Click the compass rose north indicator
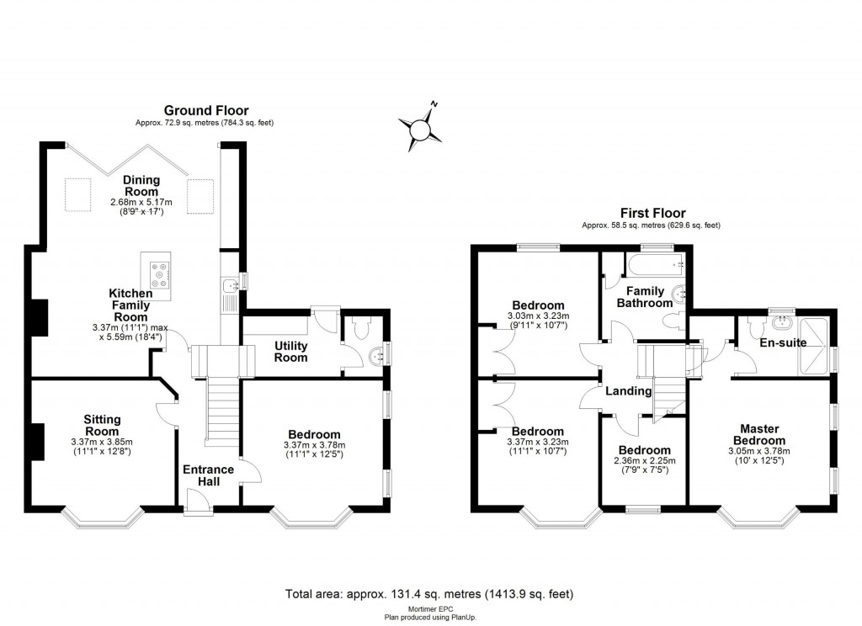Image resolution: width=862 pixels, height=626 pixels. tap(420, 129)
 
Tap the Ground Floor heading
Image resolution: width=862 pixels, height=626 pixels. tap(205, 110)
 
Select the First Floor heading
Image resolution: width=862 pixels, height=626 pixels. tap(652, 213)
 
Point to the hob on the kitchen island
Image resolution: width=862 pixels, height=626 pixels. tap(160, 274)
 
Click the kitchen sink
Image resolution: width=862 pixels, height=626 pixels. tap(230, 294)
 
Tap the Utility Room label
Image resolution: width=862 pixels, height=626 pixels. tap(290, 352)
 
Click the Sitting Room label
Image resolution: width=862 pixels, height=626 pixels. tap(102, 425)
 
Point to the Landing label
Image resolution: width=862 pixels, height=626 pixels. tap(629, 391)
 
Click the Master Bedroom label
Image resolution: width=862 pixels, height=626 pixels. tap(758, 434)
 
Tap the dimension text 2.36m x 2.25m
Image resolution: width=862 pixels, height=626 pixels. tap(645, 461)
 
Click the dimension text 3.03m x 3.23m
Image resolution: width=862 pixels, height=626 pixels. tap(538, 316)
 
